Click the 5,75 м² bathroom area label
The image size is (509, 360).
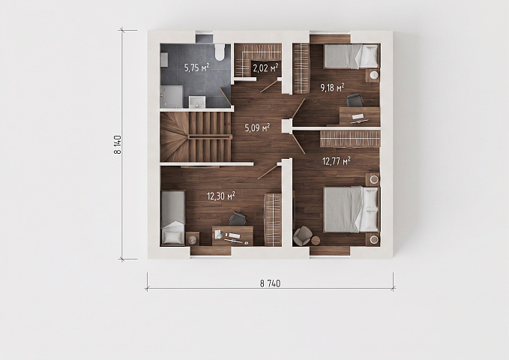click(x=196, y=67)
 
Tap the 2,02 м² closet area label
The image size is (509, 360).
click(x=265, y=68)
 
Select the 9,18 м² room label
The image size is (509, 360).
click(x=332, y=88)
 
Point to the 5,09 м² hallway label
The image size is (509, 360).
click(x=257, y=127)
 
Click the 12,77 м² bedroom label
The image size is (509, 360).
click(x=336, y=160)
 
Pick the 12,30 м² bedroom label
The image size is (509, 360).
click(x=221, y=196)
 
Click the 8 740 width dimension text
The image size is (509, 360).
click(x=270, y=283)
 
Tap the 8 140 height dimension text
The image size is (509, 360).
click(x=118, y=145)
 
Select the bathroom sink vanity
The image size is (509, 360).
click(x=196, y=102)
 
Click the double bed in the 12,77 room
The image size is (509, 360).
click(x=352, y=209)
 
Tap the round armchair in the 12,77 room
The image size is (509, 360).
click(x=301, y=236)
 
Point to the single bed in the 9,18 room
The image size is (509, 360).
click(x=351, y=56)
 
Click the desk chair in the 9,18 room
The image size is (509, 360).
click(x=354, y=100)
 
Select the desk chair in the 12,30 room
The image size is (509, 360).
click(x=238, y=219)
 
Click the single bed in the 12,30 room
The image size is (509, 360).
click(x=173, y=217)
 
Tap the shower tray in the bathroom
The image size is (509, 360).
click(x=171, y=96)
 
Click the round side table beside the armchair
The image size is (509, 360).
click(x=315, y=241)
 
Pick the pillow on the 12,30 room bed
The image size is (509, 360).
click(x=172, y=236)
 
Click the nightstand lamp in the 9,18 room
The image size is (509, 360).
click(x=374, y=75)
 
